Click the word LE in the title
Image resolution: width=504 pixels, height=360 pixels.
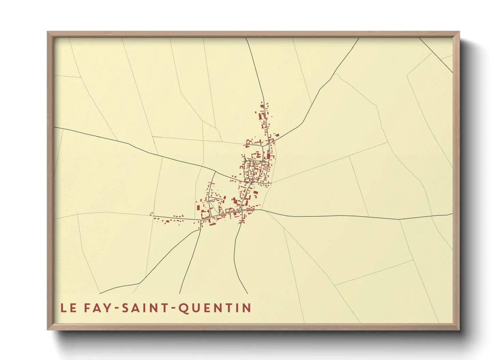(x=68, y=308)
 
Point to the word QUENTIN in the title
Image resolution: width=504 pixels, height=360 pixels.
(x=215, y=308)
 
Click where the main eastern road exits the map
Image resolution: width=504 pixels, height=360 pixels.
(x=452, y=214)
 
